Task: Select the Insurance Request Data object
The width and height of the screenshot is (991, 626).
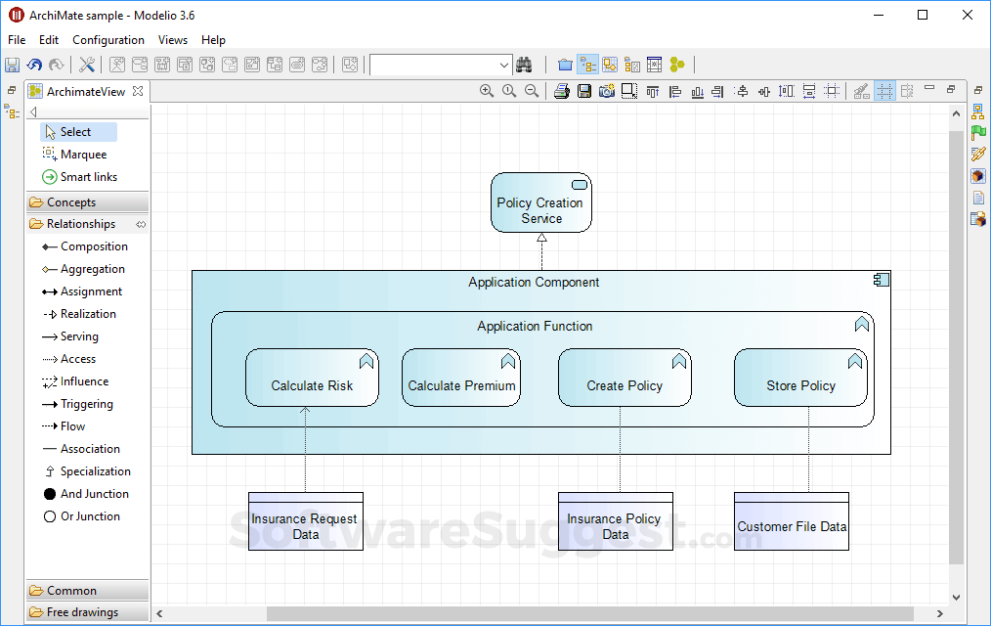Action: click(x=305, y=526)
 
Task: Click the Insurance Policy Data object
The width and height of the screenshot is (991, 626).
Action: click(x=615, y=526)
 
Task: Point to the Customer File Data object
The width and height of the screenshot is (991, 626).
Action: click(x=792, y=526)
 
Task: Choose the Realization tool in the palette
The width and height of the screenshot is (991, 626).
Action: click(x=88, y=314)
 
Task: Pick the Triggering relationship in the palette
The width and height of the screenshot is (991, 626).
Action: click(x=86, y=404)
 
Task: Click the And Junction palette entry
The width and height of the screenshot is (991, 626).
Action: click(x=94, y=494)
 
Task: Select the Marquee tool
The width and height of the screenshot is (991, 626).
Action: click(x=83, y=155)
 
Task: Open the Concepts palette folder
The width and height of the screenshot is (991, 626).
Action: click(x=71, y=202)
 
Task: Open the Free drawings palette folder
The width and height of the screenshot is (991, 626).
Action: click(x=82, y=612)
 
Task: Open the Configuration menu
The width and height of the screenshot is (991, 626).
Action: click(x=108, y=40)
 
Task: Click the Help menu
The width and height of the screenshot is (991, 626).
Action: click(x=213, y=40)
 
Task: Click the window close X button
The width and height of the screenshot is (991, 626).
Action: click(x=968, y=15)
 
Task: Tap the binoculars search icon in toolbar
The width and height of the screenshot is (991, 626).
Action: click(x=524, y=65)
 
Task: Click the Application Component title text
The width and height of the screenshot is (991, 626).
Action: click(x=534, y=283)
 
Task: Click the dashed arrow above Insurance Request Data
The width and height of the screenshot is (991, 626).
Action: click(x=305, y=450)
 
